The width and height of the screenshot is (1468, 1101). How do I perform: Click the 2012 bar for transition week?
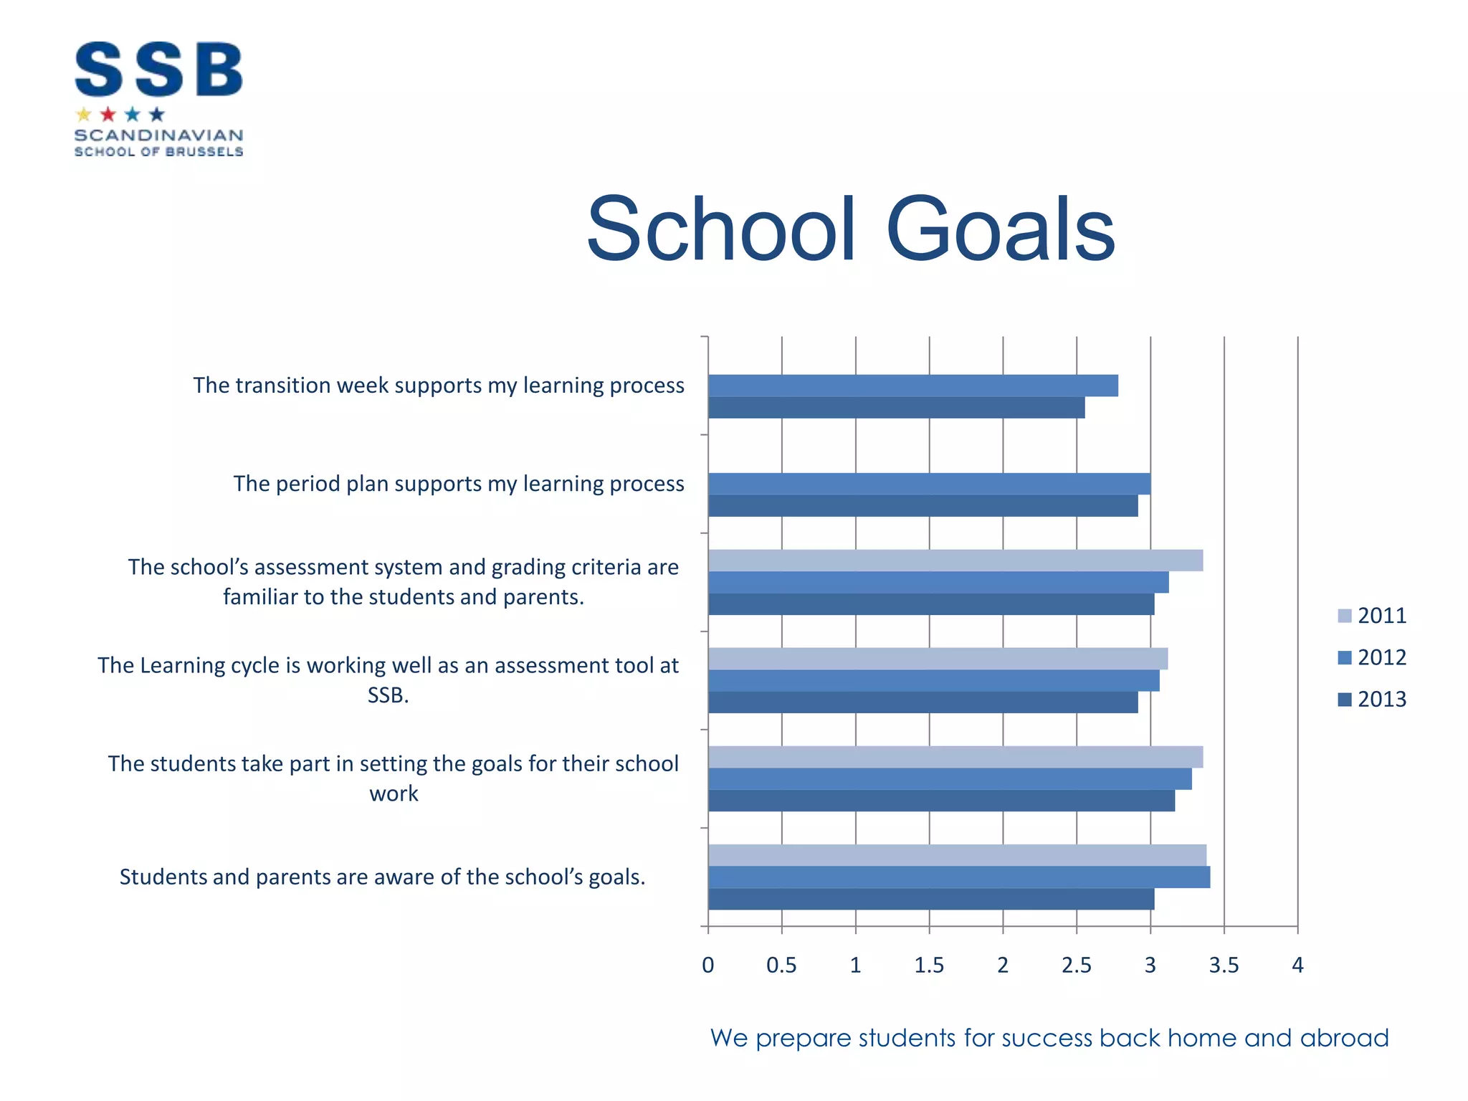pyautogui.click(x=912, y=386)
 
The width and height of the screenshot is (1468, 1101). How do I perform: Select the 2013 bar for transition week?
pyautogui.click(x=896, y=408)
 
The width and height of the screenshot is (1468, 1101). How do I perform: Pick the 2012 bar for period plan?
pyautogui.click(x=929, y=484)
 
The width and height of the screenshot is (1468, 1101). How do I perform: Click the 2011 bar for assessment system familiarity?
pyautogui.click(x=955, y=561)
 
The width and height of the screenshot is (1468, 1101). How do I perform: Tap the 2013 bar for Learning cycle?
pyautogui.click(x=923, y=702)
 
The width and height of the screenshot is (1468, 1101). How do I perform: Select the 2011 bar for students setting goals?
pyautogui.click(x=955, y=757)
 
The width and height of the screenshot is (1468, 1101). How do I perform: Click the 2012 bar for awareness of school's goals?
pyautogui.click(x=958, y=877)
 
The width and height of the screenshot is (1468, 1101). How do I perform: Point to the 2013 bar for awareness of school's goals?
pyautogui.click(x=930, y=900)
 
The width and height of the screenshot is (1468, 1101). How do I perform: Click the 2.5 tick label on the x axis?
pyautogui.click(x=1077, y=966)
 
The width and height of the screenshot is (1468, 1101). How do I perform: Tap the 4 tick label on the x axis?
pyautogui.click(x=1297, y=966)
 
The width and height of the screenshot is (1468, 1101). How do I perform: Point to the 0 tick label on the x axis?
pyautogui.click(x=708, y=966)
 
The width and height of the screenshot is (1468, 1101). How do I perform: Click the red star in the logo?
pyautogui.click(x=108, y=115)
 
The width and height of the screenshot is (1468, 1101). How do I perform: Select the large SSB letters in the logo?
pyautogui.click(x=158, y=70)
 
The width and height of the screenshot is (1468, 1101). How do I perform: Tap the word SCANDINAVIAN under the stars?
pyautogui.click(x=158, y=135)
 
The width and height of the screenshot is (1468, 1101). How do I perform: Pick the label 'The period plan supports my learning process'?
pyautogui.click(x=459, y=484)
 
